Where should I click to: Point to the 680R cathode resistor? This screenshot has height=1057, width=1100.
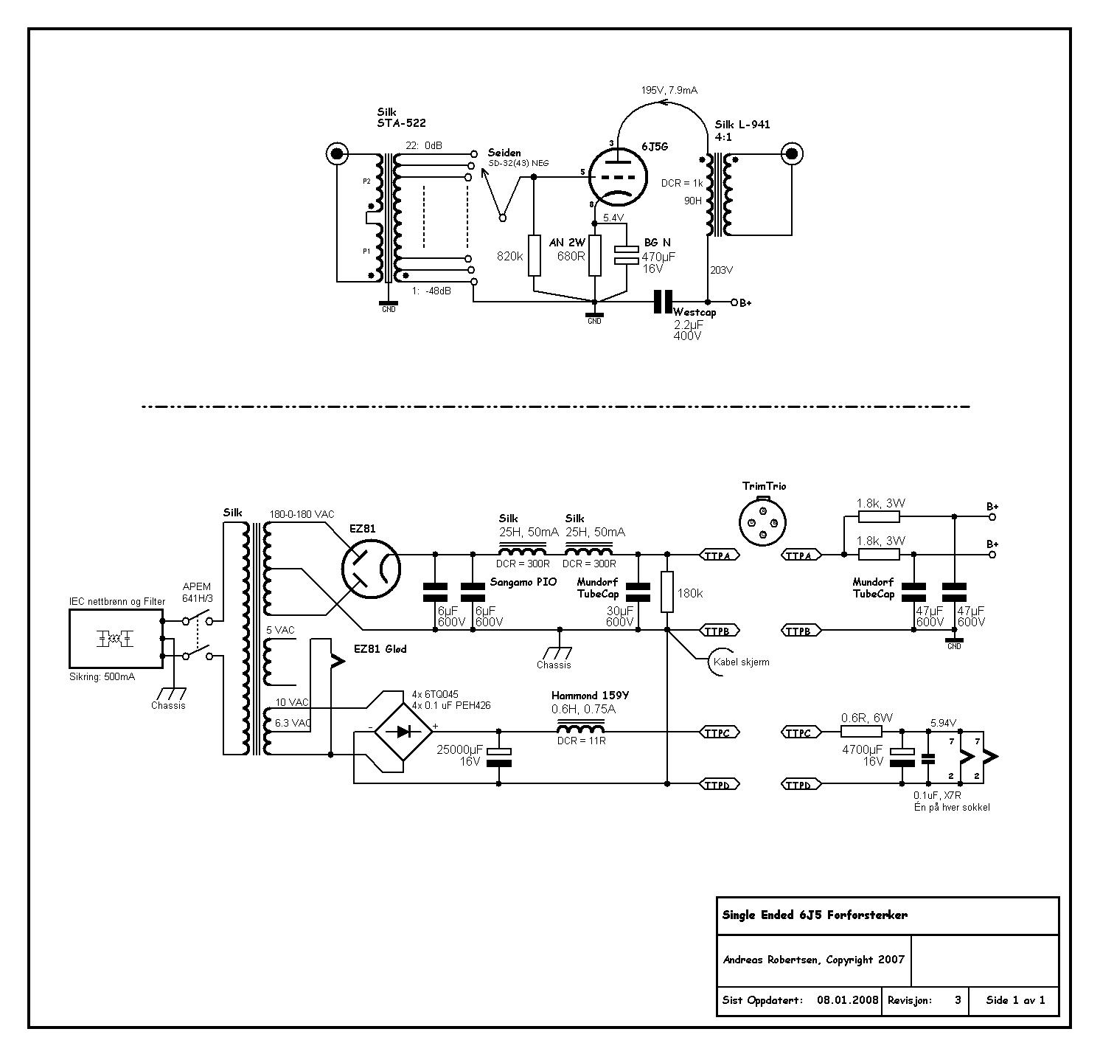[x=595, y=255]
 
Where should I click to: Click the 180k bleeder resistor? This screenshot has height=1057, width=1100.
[x=667, y=592]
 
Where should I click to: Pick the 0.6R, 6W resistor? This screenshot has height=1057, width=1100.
[x=861, y=732]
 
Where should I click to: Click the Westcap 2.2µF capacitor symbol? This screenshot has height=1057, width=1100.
[x=664, y=302]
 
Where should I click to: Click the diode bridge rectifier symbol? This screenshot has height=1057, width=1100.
[x=403, y=732]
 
